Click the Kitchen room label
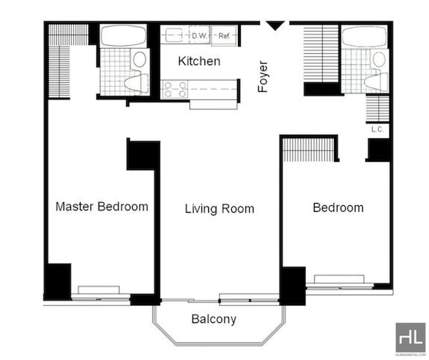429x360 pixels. [x=199, y=61]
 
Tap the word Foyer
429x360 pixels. [x=263, y=76]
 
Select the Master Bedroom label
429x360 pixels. [x=102, y=207]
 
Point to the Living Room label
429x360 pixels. [x=219, y=209]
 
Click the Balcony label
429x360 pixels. [x=213, y=319]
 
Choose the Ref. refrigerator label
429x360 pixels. [x=224, y=36]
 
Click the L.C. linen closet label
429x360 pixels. [x=378, y=129]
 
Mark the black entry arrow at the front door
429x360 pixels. [x=275, y=26]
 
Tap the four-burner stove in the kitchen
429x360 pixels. [x=175, y=90]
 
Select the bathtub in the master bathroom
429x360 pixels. [x=123, y=36]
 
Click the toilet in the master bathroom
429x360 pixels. [x=136, y=82]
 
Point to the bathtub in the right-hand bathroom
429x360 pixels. [x=365, y=36]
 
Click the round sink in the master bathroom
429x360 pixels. [x=139, y=60]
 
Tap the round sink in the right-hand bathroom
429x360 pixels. [x=379, y=60]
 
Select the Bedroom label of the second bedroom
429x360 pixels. [x=338, y=208]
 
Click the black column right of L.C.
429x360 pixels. [x=379, y=150]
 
